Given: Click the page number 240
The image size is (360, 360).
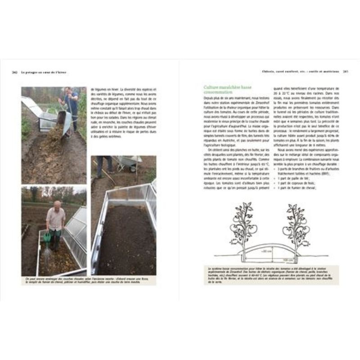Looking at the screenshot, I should click(x=14, y=72).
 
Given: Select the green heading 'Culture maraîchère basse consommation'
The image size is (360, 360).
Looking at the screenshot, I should click(x=222, y=91).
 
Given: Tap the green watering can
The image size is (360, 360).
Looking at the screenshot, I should click(x=47, y=237).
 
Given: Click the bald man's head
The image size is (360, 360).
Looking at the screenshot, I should click(x=57, y=204).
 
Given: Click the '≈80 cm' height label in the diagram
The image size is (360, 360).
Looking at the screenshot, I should click(x=267, y=251).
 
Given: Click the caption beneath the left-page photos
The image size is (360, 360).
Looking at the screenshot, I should click(x=89, y=280).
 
